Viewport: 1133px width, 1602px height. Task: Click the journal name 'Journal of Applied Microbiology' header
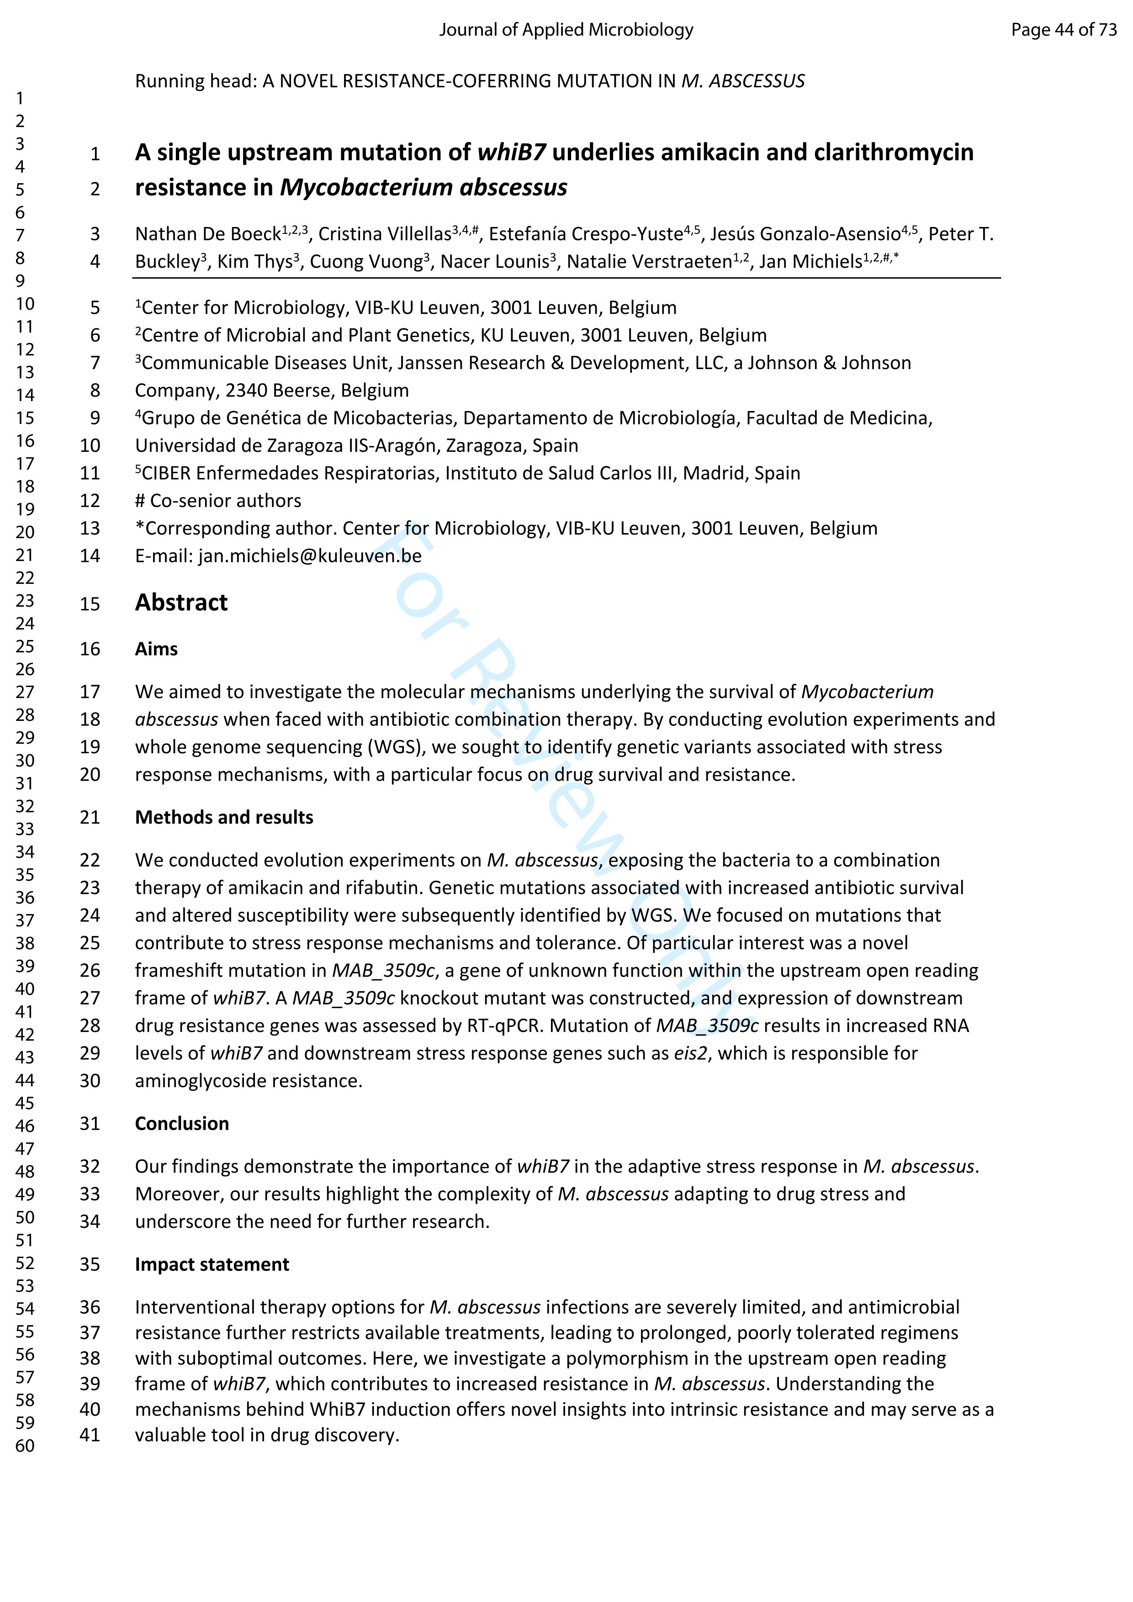566,29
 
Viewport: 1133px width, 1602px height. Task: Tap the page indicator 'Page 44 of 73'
1063,29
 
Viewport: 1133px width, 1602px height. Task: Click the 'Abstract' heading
181,603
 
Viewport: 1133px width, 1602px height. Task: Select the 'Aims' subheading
156,649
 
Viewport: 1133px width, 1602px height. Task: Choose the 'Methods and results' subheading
224,817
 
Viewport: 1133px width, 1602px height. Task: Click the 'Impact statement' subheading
212,1264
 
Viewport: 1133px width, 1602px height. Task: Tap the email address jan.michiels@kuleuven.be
310,556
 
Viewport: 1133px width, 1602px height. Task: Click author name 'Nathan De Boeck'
207,234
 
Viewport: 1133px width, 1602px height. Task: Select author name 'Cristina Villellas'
384,234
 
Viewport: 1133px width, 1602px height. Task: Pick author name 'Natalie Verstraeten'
649,262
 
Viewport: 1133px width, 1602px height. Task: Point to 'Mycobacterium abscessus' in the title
424,188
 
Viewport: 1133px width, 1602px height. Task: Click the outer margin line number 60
25,1446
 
